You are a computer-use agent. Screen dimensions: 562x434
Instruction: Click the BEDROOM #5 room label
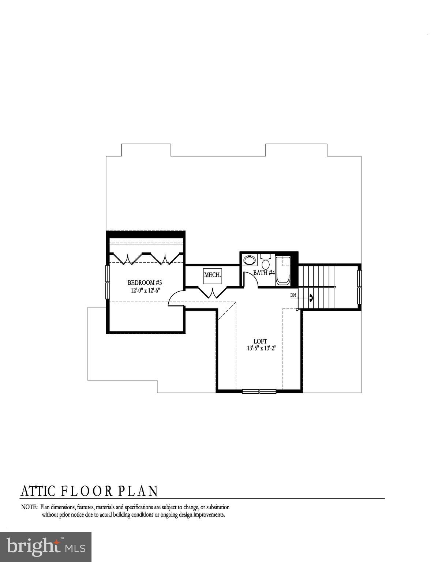(145, 282)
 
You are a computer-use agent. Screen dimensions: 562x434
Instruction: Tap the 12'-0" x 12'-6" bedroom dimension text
(146, 291)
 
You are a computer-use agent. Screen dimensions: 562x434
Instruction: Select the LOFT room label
(260, 341)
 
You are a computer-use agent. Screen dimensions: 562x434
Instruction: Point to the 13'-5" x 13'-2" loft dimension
(261, 349)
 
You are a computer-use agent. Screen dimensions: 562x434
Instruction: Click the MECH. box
(213, 275)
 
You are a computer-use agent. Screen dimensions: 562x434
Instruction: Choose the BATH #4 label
(264, 273)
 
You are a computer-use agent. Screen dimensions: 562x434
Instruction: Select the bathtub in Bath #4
(283, 270)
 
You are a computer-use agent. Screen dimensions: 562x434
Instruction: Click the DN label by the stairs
(293, 295)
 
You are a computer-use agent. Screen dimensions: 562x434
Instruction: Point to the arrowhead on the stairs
(311, 298)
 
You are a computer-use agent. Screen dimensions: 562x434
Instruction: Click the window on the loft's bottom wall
(259, 391)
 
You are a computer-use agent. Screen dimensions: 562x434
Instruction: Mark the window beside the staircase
(359, 287)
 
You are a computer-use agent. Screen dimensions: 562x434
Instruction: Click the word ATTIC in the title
(38, 491)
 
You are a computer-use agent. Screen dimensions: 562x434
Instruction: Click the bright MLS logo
(46, 547)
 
